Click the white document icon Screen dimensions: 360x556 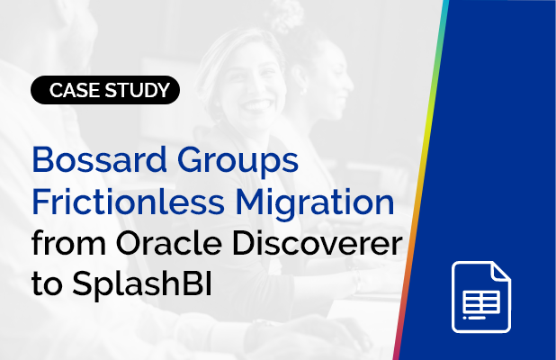pyautogui.click(x=481, y=292)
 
